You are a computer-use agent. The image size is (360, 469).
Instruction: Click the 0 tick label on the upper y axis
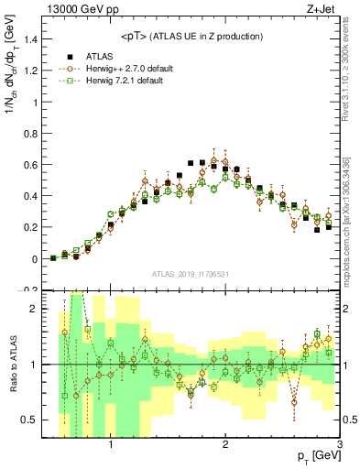click(35, 259)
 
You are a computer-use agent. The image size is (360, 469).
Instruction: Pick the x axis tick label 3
click(339, 445)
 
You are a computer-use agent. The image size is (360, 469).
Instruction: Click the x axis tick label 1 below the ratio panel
click(111, 445)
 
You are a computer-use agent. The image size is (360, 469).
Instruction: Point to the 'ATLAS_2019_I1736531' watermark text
click(191, 273)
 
